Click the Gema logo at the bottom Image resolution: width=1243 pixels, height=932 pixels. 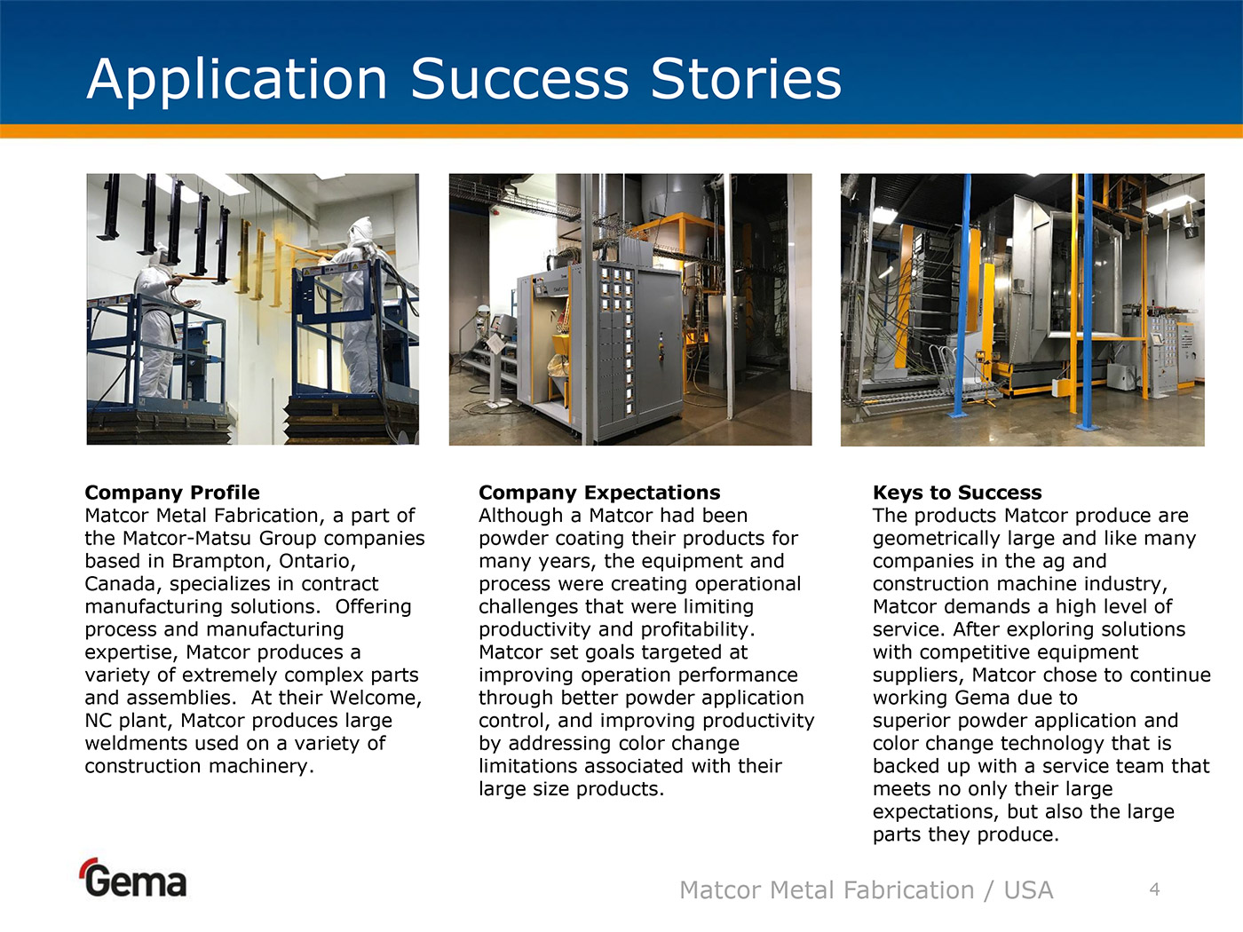click(x=133, y=878)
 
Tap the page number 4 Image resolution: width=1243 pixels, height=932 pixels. click(x=1155, y=889)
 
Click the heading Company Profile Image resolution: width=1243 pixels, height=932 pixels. click(x=172, y=493)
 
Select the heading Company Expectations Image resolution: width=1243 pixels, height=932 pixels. click(x=599, y=493)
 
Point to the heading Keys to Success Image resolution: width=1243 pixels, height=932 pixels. click(x=957, y=493)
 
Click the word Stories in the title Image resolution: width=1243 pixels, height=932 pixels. click(x=747, y=79)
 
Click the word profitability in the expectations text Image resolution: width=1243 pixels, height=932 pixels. click(x=695, y=629)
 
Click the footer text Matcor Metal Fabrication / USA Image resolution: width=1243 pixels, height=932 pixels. click(x=866, y=889)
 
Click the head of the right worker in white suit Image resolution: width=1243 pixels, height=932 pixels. click(x=361, y=231)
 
